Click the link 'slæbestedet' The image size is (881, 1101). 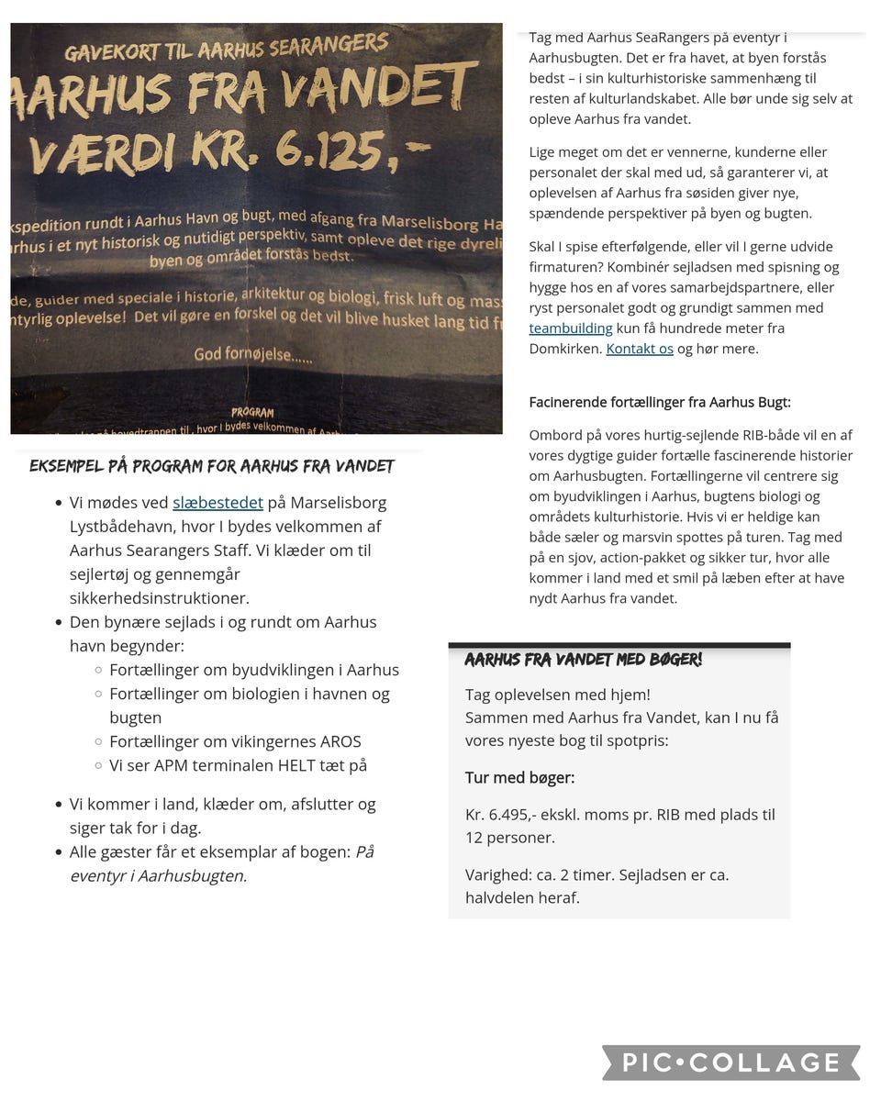click(x=217, y=503)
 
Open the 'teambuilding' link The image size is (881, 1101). click(x=570, y=328)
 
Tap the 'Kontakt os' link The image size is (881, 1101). click(x=640, y=349)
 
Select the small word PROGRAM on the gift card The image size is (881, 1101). click(x=251, y=413)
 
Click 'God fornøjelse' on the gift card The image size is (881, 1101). click(x=252, y=355)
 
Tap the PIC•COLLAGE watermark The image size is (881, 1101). click(x=731, y=1062)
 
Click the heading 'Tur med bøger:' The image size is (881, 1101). click(x=519, y=778)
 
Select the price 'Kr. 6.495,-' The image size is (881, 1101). click(x=508, y=815)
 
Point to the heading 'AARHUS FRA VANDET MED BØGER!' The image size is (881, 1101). click(x=583, y=660)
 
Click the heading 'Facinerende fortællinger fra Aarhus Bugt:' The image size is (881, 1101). click(x=659, y=403)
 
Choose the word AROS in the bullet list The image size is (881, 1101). click(x=340, y=741)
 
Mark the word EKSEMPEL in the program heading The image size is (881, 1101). click(x=66, y=466)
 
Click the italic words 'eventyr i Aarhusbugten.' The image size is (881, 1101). click(x=158, y=875)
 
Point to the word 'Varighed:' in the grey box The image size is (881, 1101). click(x=497, y=874)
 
